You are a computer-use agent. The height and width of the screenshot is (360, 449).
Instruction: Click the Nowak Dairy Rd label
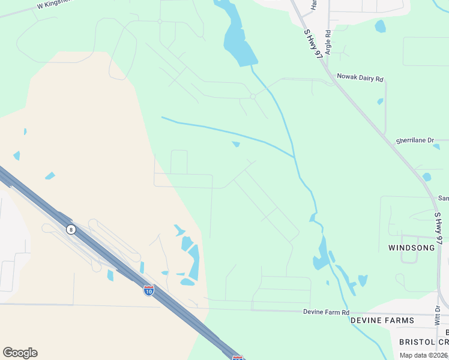coord(360,77)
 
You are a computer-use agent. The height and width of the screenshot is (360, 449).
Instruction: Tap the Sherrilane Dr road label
coord(414,140)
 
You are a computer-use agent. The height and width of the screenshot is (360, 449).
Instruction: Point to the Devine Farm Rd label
coord(326,313)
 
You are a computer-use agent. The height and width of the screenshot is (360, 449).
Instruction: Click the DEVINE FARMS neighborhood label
coord(382,320)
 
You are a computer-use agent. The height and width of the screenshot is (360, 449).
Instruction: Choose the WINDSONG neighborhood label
coord(411,247)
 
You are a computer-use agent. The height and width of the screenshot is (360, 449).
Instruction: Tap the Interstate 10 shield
coord(149,290)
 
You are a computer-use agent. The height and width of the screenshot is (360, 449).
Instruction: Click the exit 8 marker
coord(71,229)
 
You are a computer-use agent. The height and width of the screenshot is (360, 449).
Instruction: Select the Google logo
coord(20,352)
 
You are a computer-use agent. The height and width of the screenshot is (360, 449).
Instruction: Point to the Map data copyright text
coord(423,355)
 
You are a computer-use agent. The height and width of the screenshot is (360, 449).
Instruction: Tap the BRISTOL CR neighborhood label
coord(424,341)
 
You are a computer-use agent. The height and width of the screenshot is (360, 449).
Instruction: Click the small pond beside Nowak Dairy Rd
coord(380,101)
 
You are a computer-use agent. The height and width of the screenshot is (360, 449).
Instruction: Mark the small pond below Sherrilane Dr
coord(426,177)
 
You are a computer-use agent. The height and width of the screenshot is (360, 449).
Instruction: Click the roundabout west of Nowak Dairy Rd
coord(253,96)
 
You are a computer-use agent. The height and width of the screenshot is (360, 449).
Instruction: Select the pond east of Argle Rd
coord(380,26)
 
